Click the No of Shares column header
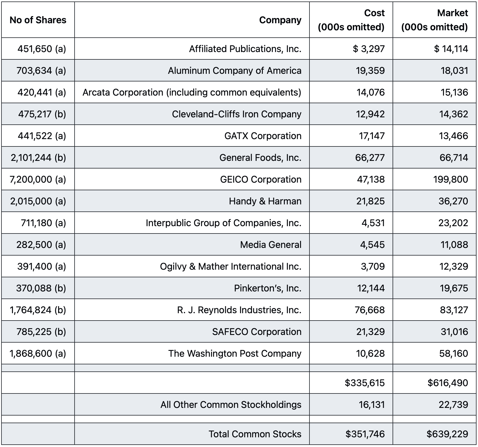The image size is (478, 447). pos(38,20)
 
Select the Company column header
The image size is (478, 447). pos(280,20)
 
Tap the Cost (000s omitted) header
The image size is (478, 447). pos(351,20)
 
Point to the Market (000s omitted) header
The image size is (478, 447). pos(435,20)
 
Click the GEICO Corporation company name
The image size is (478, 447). pos(261,179)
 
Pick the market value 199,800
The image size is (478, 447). pos(451,179)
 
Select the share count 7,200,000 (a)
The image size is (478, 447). pos(38,179)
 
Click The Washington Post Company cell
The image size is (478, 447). pos(235,353)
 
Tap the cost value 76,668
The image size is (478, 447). pos(370,310)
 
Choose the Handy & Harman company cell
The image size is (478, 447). pos(265,201)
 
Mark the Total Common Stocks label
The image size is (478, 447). pos(255,434)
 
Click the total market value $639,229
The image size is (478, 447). pos(447,434)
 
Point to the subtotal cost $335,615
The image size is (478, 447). pos(365,383)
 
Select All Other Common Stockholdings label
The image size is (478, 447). pos(231,405)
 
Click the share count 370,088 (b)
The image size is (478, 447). pos(41,288)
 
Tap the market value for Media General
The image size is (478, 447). pos(454,245)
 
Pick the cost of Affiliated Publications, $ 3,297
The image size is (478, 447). pos(369,49)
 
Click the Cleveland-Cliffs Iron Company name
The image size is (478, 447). pos(237,114)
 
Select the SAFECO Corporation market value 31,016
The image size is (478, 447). pos(454,332)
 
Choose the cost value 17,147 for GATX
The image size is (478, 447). pos(372,136)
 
